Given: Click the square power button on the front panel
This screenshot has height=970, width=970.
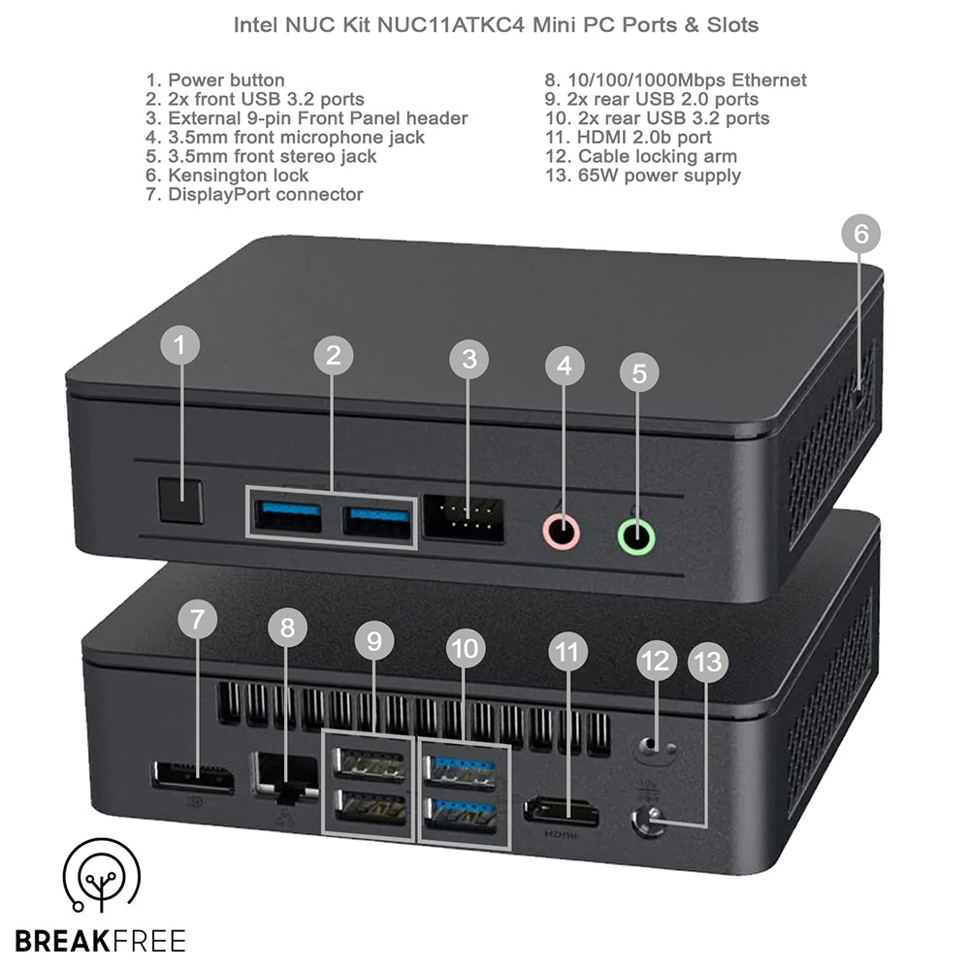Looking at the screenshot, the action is tap(180, 500).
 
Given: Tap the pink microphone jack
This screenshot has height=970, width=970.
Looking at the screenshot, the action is tap(562, 532).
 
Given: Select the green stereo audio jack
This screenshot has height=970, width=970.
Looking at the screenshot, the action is tap(636, 535).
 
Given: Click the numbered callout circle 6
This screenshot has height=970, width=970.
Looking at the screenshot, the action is tap(861, 233).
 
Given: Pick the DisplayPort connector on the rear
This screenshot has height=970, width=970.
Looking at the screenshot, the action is tap(192, 778).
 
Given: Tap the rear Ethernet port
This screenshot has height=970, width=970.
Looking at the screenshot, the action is tap(285, 777).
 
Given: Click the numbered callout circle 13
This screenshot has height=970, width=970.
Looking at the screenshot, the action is tap(708, 663).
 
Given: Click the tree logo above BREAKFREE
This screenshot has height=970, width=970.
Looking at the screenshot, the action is tap(102, 875).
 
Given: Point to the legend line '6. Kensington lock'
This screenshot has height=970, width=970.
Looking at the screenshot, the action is tap(227, 175).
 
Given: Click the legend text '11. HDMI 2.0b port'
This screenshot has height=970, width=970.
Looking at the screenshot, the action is tap(628, 137).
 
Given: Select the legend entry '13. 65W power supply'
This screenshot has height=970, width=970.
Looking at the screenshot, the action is tap(643, 175).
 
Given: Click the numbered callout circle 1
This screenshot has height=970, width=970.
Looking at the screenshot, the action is tap(180, 344).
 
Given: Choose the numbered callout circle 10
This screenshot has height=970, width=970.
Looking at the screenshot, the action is tap(466, 648).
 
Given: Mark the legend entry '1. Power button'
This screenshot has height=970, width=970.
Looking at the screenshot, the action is tap(215, 80).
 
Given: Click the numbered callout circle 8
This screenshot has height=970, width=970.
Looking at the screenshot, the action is tap(288, 628).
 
